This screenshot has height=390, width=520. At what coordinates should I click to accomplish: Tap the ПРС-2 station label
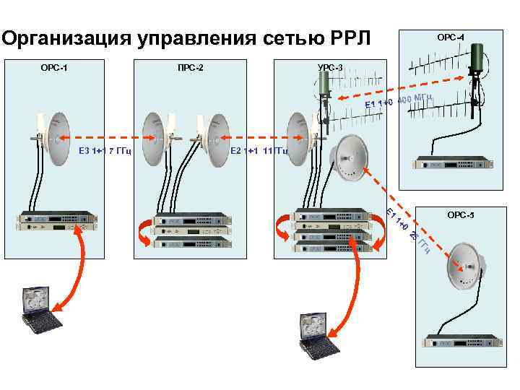click(x=191, y=69)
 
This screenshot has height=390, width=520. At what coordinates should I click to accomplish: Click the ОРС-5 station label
click(x=460, y=214)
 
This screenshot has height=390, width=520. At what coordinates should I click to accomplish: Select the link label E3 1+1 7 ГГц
click(x=103, y=152)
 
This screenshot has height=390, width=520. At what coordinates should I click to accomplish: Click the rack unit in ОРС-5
click(x=463, y=342)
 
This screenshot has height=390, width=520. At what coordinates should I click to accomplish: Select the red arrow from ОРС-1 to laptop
click(x=72, y=271)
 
